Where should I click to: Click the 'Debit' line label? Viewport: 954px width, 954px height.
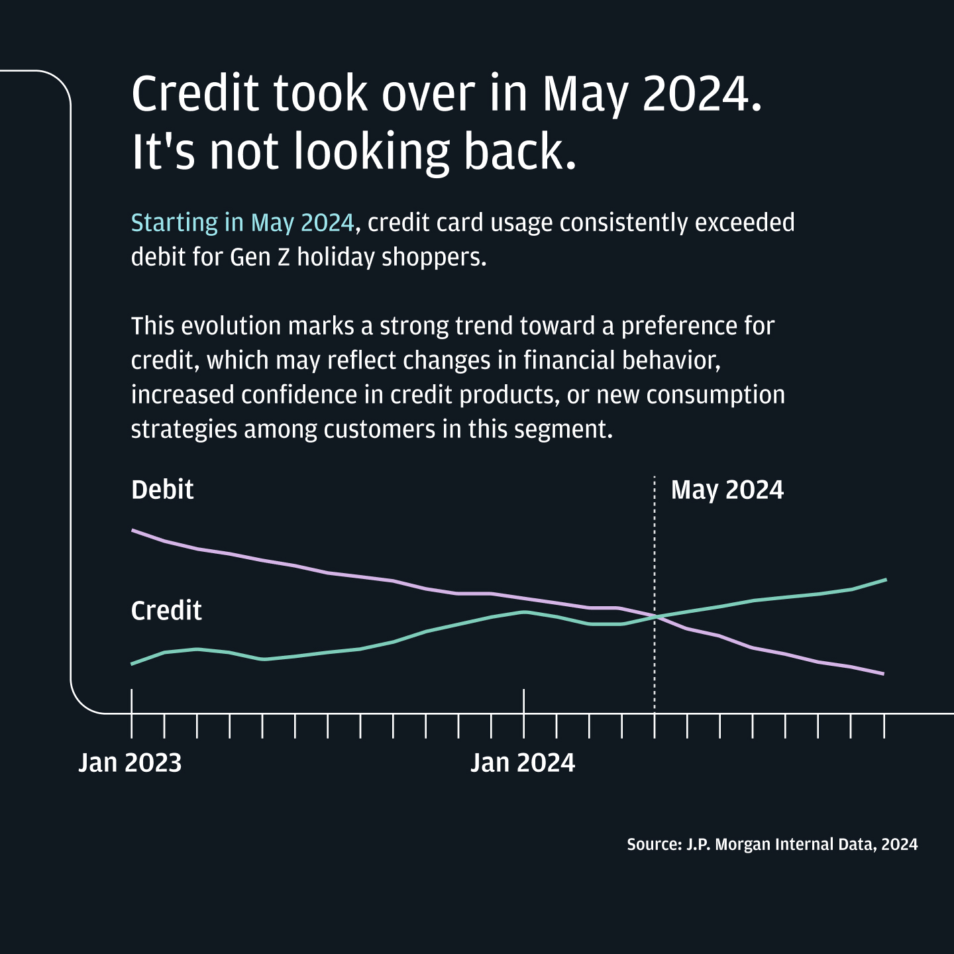coord(162,490)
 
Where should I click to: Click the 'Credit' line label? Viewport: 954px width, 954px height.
coord(166,610)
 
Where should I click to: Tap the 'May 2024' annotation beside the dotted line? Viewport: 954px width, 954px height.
coord(727,490)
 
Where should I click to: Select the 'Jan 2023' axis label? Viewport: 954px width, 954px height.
coord(130,763)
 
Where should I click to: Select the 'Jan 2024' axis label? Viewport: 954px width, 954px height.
coord(523,763)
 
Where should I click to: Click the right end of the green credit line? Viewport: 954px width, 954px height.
coord(885,580)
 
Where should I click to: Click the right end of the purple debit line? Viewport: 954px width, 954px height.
coord(883,674)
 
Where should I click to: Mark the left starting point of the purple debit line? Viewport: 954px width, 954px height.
coord(133,530)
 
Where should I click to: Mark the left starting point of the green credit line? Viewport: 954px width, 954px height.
coord(132,663)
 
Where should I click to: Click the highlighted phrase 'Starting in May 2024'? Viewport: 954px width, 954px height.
coord(242,223)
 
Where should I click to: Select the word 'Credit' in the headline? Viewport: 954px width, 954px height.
coord(195,93)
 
